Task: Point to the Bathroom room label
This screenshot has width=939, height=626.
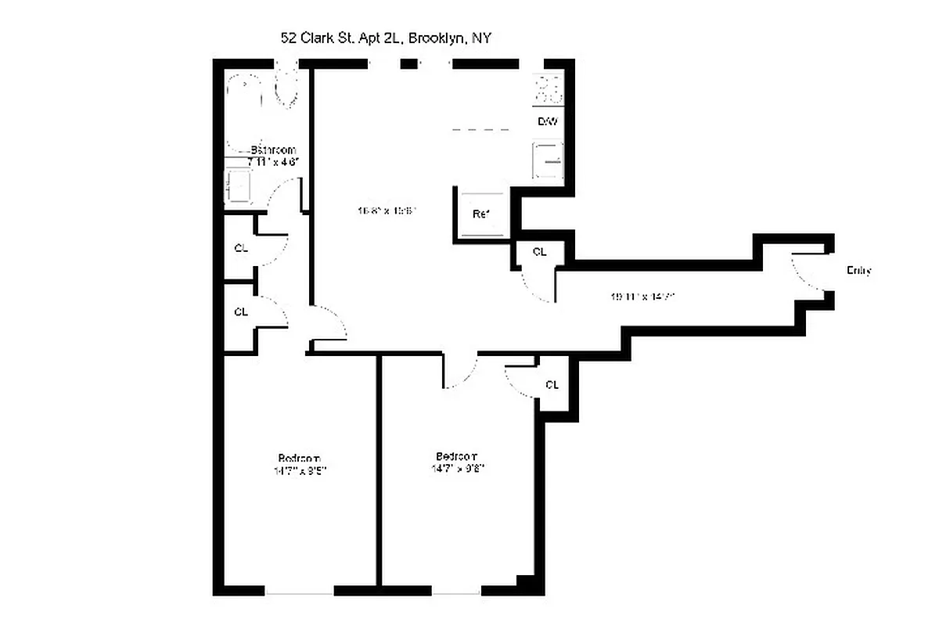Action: click(273, 150)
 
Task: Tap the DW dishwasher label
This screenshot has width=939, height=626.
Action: click(547, 122)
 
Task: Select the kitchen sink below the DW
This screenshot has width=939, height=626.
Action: click(548, 161)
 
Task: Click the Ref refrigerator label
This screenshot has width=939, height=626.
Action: click(480, 214)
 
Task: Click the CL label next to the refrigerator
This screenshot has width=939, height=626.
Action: click(539, 252)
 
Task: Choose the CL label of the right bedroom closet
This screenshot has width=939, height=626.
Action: click(552, 385)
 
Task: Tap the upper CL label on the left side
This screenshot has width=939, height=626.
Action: click(241, 249)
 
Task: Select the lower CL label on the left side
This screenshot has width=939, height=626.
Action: click(241, 311)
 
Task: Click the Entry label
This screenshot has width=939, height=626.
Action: click(858, 271)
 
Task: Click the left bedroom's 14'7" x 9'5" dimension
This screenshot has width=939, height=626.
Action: click(300, 471)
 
